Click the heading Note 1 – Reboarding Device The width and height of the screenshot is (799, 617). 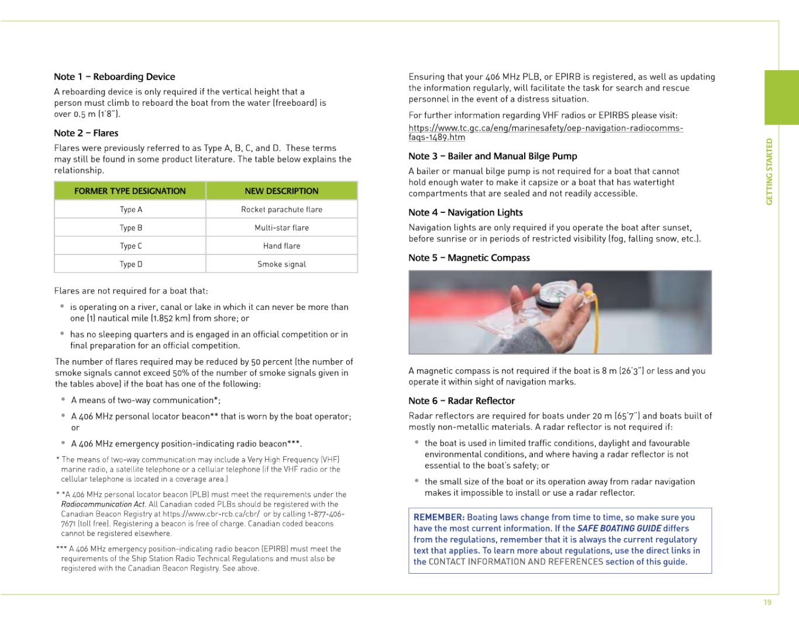click(114, 77)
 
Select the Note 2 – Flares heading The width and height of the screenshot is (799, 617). click(86, 133)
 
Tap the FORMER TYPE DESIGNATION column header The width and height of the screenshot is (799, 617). click(130, 191)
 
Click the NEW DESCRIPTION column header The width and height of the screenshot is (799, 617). click(281, 191)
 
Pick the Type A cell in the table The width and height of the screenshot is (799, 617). click(131, 209)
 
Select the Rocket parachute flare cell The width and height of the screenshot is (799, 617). click(281, 209)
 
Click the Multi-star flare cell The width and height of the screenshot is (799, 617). click(281, 228)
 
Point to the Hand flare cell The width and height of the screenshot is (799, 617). click(281, 246)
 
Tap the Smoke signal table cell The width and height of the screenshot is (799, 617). click(281, 264)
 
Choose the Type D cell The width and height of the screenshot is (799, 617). click(131, 264)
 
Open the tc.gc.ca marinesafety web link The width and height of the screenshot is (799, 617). click(545, 128)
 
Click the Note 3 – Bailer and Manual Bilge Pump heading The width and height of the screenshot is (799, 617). click(493, 156)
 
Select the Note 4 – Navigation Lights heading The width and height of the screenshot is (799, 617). click(465, 213)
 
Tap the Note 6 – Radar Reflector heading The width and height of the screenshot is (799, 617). click(462, 401)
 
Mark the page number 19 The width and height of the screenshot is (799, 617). click(767, 602)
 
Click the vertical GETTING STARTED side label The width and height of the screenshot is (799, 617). click(769, 171)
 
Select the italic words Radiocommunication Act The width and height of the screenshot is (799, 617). click(103, 504)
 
